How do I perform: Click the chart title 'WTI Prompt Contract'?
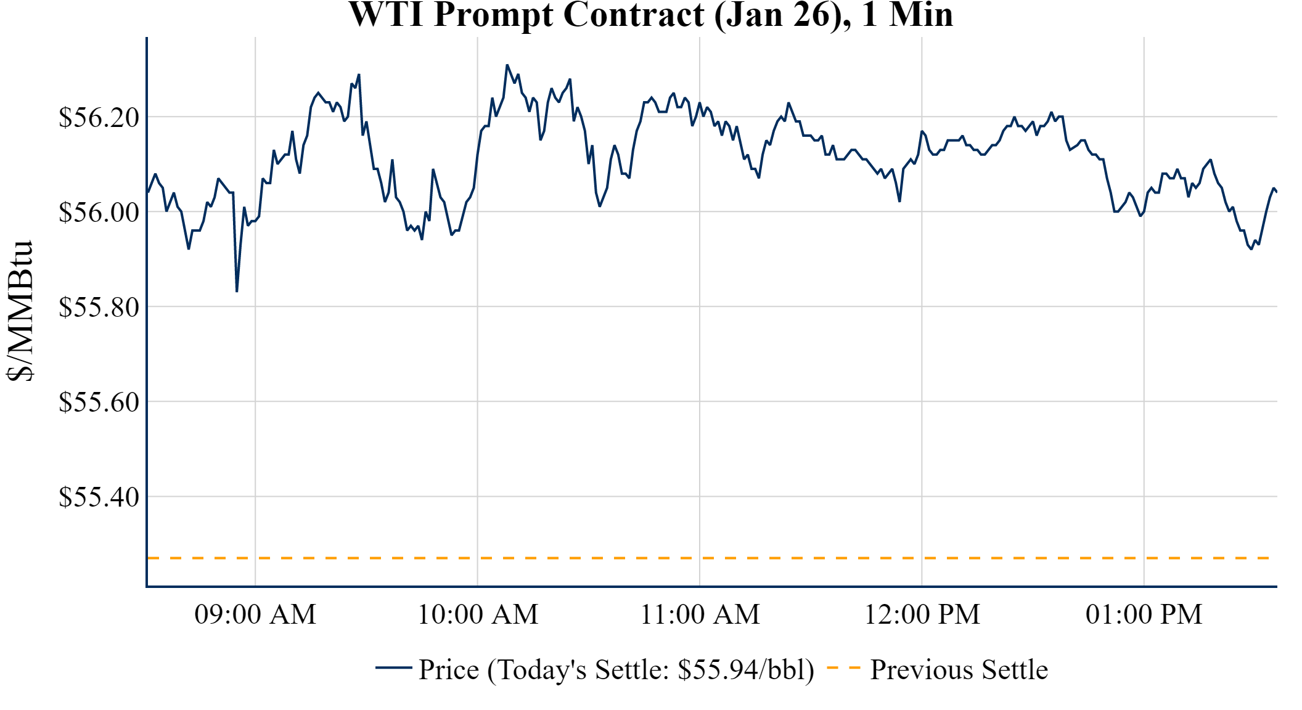527,15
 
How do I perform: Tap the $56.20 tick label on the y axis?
99,117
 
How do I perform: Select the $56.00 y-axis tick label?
99,212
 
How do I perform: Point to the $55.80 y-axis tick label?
99,307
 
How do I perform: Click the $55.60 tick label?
99,402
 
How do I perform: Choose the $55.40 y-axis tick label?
99,497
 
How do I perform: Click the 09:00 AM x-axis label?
255,614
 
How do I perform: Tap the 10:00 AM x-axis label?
478,614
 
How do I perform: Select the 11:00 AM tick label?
700,614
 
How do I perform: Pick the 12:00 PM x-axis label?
922,614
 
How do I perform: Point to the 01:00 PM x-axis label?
1144,614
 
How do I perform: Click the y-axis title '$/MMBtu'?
20,311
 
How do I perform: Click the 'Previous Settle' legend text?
959,670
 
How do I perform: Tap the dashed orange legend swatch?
843,668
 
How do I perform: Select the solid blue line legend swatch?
393,667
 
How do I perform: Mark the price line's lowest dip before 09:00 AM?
237,291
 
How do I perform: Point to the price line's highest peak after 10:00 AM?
507,65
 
